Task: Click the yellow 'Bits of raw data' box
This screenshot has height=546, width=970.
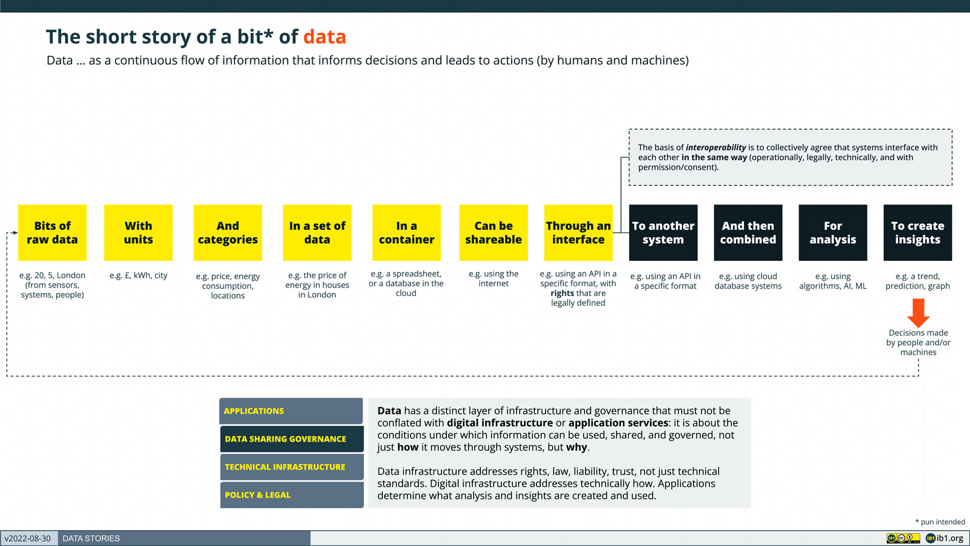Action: coord(52,233)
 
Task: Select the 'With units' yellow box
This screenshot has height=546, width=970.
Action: coord(139,233)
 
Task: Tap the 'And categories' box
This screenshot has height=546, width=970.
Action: coord(228,233)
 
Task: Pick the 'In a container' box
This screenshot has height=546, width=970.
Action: coord(407,233)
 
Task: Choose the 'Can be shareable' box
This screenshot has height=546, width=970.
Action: coord(493,233)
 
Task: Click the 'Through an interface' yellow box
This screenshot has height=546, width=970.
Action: coord(578,233)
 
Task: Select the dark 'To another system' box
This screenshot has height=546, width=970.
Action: coord(663,233)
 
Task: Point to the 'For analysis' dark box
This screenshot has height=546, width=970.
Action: coord(833,233)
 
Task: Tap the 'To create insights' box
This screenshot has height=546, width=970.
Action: coord(918,233)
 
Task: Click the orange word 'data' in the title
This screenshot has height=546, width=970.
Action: coord(325,37)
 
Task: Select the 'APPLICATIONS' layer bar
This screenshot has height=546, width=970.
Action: coord(291,411)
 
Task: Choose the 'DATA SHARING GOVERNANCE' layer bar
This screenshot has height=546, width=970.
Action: coord(292,439)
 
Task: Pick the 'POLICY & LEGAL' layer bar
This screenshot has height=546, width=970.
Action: coord(292,495)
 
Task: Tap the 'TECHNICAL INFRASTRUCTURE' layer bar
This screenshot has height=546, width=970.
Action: coord(292,467)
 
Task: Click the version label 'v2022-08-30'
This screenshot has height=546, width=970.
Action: coord(28,539)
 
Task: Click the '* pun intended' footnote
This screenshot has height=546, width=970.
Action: coord(940,522)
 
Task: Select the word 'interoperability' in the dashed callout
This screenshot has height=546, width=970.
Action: coord(716,148)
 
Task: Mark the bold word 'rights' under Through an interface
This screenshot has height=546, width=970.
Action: coord(562,294)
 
